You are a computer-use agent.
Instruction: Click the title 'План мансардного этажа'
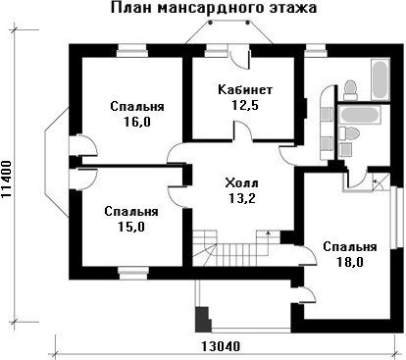pos(214,8)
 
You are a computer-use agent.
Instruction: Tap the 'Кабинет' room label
pos(245,89)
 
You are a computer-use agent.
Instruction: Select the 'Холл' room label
pos(241,183)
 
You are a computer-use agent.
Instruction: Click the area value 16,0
pos(137,122)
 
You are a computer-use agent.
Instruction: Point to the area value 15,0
pos(131,227)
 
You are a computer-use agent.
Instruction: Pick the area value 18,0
pos(350,262)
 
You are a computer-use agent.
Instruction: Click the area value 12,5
pos(245,105)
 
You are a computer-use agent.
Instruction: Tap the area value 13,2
pos(242,198)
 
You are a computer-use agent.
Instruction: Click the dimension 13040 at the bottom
pos(220,346)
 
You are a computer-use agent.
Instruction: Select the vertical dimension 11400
pos(7,180)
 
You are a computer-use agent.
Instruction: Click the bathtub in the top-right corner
pos(381,79)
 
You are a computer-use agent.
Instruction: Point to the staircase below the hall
pos(236,248)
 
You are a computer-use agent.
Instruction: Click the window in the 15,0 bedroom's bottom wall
pos(133,273)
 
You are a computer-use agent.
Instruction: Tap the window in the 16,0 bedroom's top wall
pos(131,51)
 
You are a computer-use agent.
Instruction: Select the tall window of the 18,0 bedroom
pos(394,218)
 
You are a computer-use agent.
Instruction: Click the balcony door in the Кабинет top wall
pos(240,58)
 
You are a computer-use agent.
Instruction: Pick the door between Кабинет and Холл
pos(242,130)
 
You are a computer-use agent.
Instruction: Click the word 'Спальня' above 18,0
pos(350,246)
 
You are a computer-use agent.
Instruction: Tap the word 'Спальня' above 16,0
pos(137,107)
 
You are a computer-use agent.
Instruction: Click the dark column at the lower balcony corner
pos(202,320)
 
